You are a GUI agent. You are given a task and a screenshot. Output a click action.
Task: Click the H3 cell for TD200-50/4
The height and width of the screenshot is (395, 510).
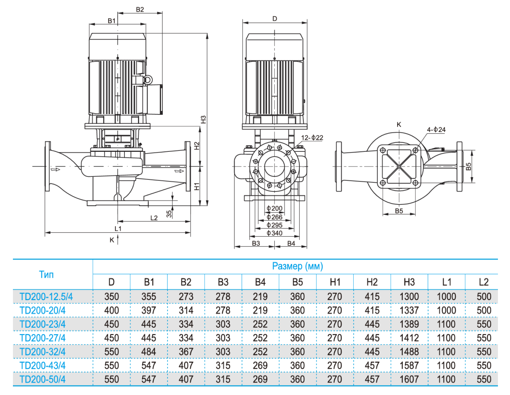pyautogui.click(x=409, y=379)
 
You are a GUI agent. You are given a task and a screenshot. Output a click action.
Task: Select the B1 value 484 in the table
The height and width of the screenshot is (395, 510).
pyautogui.click(x=149, y=352)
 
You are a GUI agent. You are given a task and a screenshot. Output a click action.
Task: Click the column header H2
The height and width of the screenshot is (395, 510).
pyautogui.click(x=372, y=282)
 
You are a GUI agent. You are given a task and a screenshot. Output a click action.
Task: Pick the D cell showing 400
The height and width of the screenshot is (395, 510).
pyautogui.click(x=112, y=310)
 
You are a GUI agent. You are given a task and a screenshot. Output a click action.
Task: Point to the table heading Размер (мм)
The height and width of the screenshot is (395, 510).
pyautogui.click(x=297, y=266)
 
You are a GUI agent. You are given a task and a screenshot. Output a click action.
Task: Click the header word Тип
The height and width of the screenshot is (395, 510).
pyautogui.click(x=47, y=274)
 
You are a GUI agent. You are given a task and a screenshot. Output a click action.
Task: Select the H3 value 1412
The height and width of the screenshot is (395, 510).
pyautogui.click(x=409, y=338)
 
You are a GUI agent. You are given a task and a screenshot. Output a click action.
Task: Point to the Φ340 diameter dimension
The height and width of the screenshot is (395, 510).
pyautogui.click(x=274, y=233)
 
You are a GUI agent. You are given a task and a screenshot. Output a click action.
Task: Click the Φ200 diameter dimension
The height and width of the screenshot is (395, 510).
pyautogui.click(x=274, y=209)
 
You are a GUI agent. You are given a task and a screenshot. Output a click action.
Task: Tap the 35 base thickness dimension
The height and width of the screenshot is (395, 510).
pyautogui.click(x=169, y=213)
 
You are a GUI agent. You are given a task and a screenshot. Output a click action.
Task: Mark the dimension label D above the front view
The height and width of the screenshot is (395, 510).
pyautogui.click(x=274, y=19)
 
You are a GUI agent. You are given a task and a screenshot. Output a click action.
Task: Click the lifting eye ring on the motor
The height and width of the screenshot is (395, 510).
pyautogui.click(x=148, y=79)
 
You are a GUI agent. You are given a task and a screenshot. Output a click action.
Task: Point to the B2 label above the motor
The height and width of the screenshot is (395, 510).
pyautogui.click(x=140, y=9)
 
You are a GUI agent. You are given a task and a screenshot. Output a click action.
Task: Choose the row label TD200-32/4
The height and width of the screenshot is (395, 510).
pyautogui.click(x=43, y=352)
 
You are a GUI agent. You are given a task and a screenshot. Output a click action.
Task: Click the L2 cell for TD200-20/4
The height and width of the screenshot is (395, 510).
pyautogui.click(x=484, y=310)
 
